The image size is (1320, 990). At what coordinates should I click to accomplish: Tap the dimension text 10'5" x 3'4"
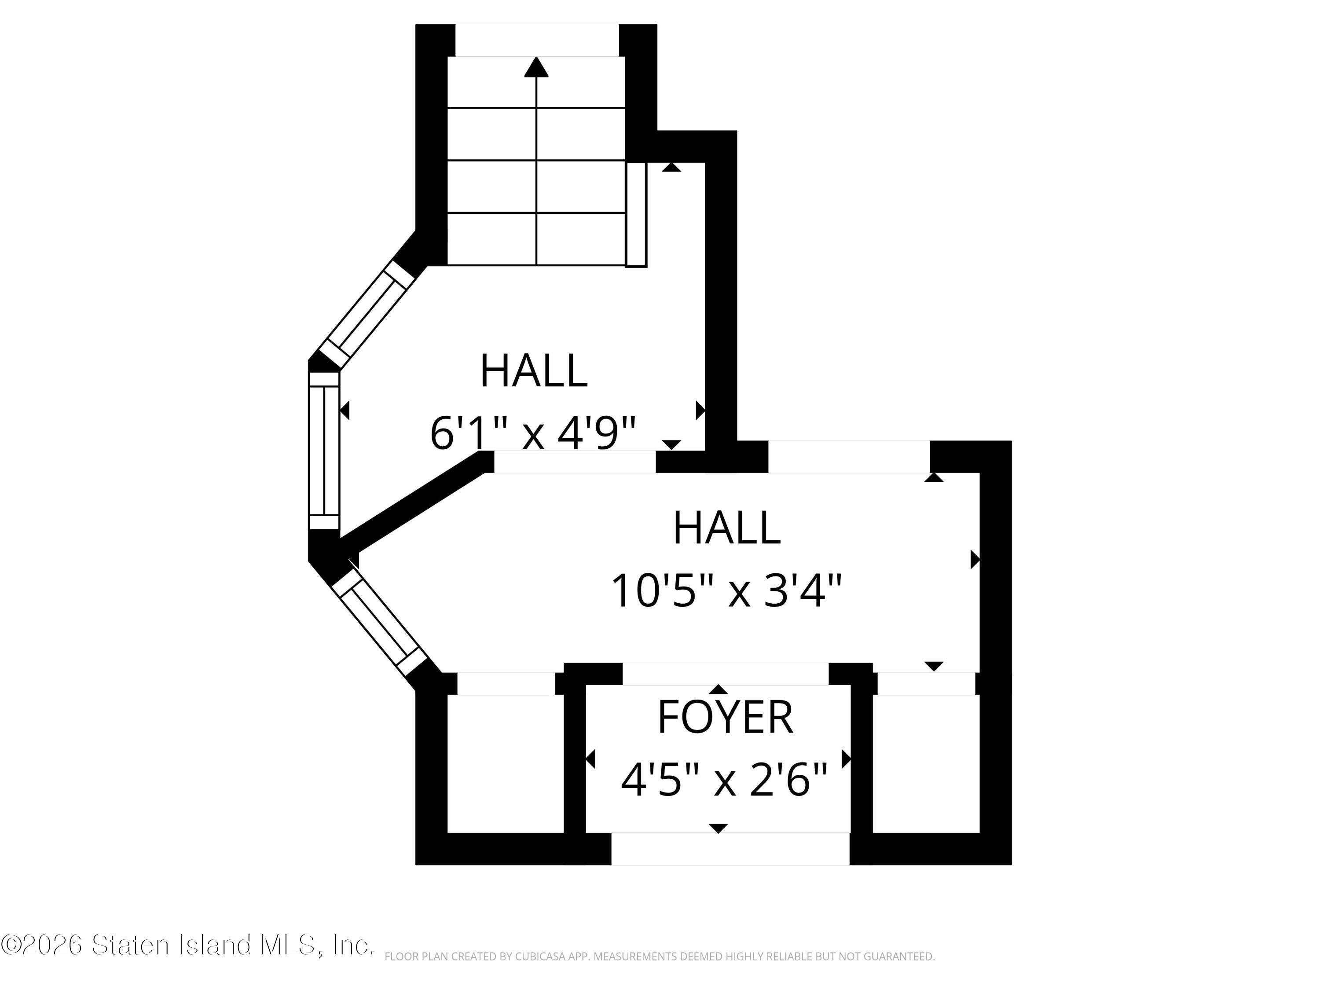click(726, 591)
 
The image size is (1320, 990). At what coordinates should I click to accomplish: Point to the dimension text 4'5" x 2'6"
click(724, 780)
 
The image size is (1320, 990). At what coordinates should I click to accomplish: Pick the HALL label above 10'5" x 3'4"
click(726, 528)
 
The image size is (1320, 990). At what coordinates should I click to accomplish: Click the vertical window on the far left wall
click(324, 450)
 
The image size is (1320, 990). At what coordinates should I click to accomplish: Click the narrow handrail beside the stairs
click(636, 214)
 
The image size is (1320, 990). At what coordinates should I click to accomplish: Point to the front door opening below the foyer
click(730, 849)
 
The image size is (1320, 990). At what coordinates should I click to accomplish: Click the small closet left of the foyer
click(506, 764)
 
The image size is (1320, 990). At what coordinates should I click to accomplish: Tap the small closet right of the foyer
click(926, 764)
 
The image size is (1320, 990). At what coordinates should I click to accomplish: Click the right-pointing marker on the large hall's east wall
click(975, 560)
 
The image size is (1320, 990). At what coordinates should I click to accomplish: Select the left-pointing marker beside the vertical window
click(345, 411)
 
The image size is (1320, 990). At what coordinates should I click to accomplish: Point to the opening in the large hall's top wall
click(849, 457)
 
